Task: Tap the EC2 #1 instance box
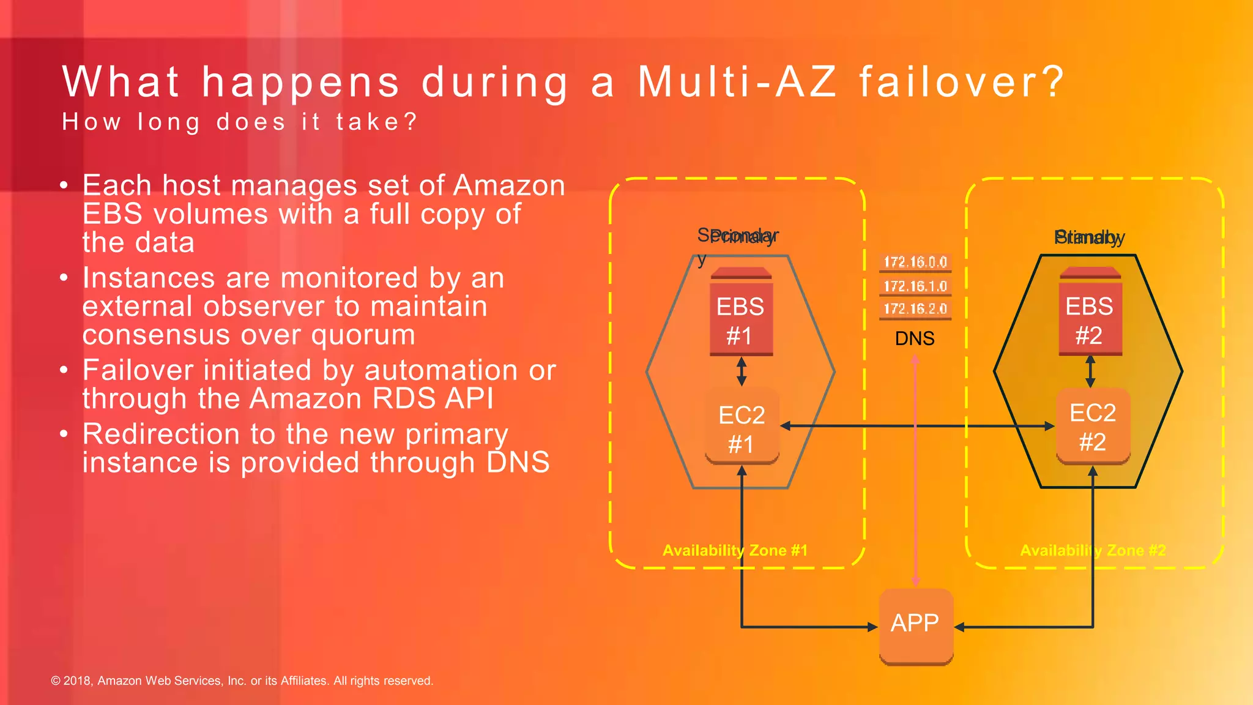742,428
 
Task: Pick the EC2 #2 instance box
1093,426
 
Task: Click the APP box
915,624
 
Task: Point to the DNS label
915,338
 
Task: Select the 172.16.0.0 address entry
915,262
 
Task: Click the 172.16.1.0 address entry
915,286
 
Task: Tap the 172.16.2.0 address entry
915,308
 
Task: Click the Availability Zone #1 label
735,550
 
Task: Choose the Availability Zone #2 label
1093,550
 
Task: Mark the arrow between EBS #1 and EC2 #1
742,371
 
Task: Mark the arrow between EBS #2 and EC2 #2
1090,371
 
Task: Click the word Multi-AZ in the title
737,81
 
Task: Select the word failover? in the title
962,81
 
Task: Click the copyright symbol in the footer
56,681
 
